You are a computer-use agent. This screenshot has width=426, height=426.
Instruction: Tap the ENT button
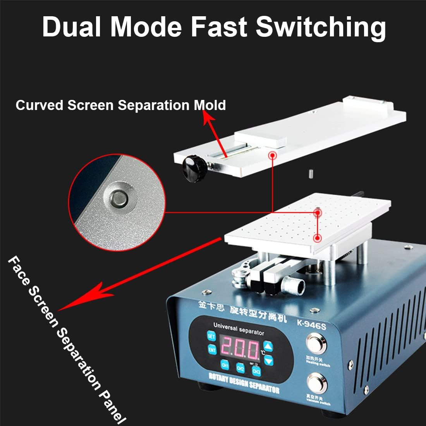pyautogui.click(x=212, y=350)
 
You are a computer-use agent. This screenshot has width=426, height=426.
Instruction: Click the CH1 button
pyautogui.click(x=225, y=365)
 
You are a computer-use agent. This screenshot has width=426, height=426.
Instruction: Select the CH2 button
pyautogui.click(x=240, y=368)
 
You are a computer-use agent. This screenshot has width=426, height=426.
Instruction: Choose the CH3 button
pyautogui.click(x=256, y=371)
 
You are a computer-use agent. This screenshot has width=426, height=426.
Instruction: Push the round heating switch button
pyautogui.click(x=316, y=344)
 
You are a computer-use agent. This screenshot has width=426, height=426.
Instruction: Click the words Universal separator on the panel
pyautogui.click(x=239, y=330)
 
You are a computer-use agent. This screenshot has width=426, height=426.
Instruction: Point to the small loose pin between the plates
pyautogui.click(x=310, y=173)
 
